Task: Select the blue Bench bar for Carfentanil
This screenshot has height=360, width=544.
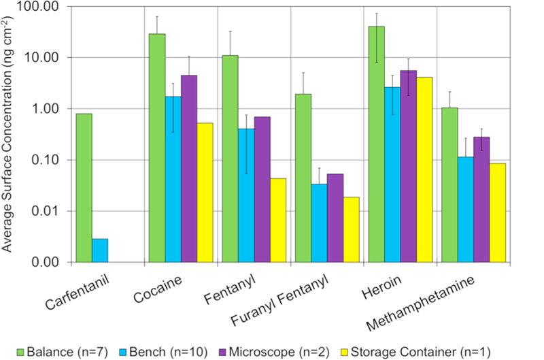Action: tap(100, 250)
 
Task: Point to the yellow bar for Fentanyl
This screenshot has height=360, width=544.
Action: tap(278, 220)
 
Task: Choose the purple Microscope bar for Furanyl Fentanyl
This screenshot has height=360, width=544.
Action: tap(335, 218)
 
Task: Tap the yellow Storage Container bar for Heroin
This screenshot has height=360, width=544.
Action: tap(424, 170)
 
